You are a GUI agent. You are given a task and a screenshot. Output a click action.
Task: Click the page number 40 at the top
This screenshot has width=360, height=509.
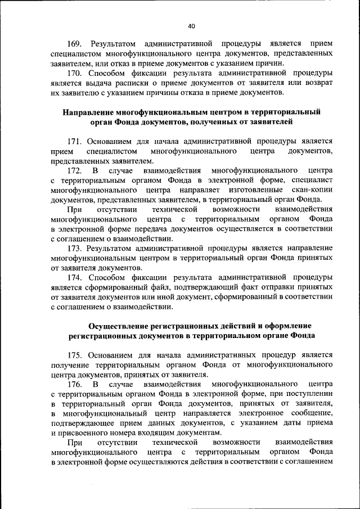click(x=191, y=26)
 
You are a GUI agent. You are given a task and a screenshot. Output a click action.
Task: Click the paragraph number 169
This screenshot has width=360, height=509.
click(x=75, y=43)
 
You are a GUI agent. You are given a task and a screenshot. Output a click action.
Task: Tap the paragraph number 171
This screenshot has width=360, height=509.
click(x=75, y=141)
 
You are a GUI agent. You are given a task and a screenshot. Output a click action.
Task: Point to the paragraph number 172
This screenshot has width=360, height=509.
click(x=75, y=170)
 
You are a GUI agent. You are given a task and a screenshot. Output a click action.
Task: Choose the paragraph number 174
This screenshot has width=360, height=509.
click(x=75, y=277)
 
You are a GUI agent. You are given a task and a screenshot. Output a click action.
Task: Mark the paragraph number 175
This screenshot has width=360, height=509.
click(x=75, y=354)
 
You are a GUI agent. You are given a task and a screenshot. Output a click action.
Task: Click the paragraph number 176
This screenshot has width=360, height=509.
click(x=75, y=384)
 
